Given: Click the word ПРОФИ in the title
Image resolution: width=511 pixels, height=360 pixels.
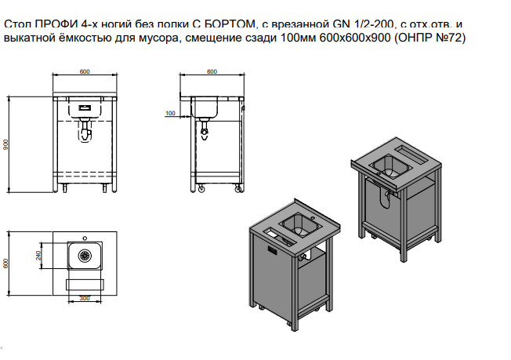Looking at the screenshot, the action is [x=56, y=25].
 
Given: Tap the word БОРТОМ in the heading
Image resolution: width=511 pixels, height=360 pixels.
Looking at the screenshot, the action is [x=229, y=25].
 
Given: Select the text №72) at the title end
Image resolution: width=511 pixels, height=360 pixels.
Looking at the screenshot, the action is [x=451, y=38].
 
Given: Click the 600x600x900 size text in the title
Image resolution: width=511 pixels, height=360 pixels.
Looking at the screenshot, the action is [x=355, y=38].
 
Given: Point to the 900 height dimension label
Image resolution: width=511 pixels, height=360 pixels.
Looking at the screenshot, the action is [x=5, y=144].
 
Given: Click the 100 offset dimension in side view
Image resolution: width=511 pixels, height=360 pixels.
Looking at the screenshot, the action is [x=170, y=113].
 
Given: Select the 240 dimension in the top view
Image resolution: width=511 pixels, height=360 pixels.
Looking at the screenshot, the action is [x=38, y=256].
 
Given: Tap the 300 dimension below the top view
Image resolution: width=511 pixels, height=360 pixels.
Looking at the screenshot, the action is [x=85, y=298].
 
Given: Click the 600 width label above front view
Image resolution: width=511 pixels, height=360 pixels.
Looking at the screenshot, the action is [x=85, y=71].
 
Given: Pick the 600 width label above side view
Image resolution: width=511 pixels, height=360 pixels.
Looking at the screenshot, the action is [x=212, y=71].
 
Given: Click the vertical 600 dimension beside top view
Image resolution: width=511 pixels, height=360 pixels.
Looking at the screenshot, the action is [x=5, y=264].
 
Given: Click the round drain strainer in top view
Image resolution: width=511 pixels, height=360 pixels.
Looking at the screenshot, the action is [x=85, y=256].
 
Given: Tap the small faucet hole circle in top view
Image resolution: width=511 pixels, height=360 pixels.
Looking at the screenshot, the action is [x=85, y=238].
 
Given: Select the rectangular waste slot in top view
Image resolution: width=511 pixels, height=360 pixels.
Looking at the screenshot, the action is [x=85, y=285].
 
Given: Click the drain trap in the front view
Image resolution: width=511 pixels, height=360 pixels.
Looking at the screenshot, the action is [x=85, y=131].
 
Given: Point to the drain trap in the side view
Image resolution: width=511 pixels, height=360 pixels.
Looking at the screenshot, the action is [x=205, y=129].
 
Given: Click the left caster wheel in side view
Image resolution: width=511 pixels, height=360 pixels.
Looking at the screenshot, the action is [x=201, y=188].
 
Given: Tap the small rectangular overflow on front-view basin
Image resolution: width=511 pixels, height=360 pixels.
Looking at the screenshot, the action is [x=85, y=107].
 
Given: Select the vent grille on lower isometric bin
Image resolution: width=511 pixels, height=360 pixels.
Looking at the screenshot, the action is [x=273, y=251].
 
